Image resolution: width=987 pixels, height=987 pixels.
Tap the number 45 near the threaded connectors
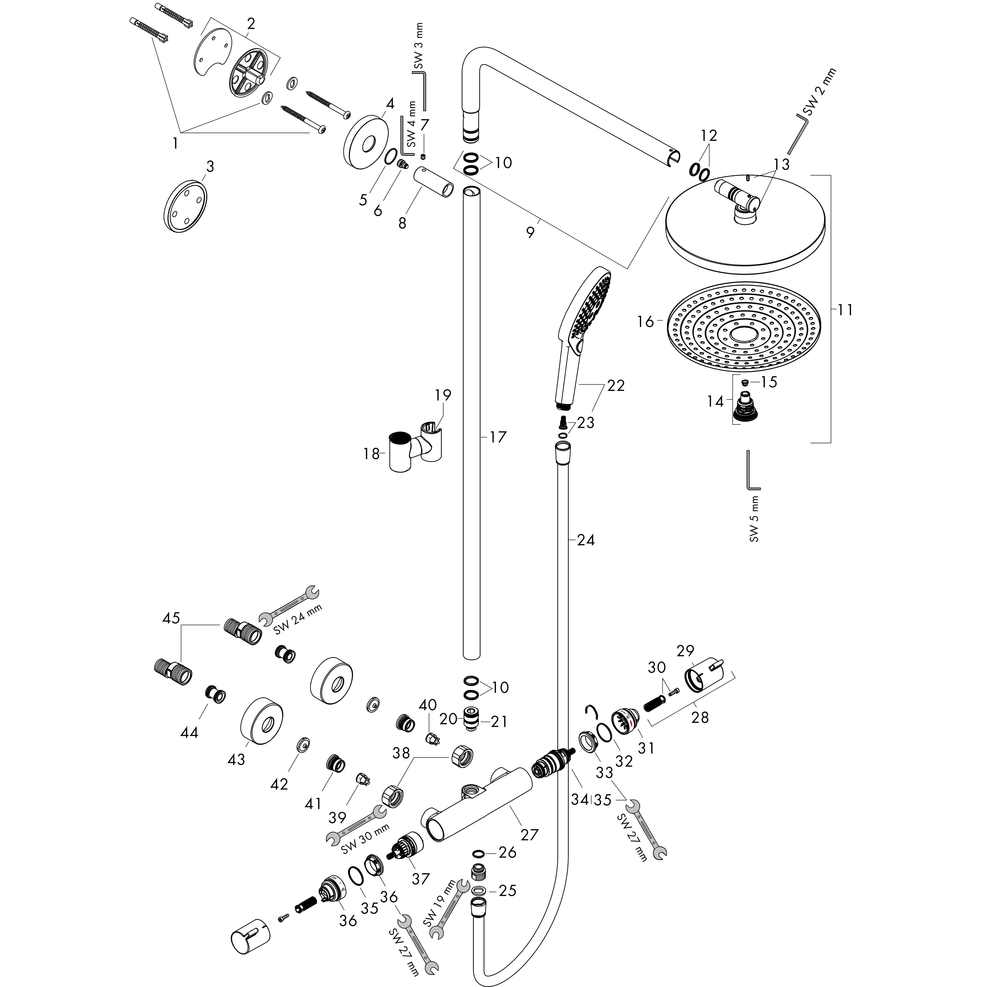[x=171, y=618]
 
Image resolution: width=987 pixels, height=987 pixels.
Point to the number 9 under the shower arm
[x=530, y=233]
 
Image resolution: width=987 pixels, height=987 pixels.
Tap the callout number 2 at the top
[x=251, y=24]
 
